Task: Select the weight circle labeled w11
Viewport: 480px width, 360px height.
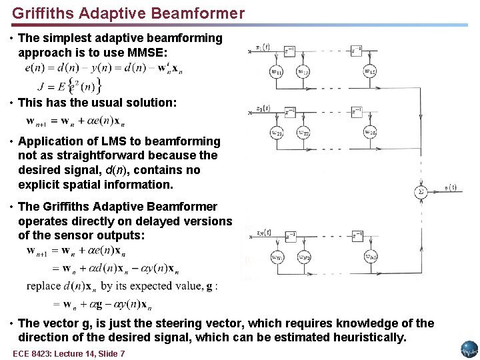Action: point(277,72)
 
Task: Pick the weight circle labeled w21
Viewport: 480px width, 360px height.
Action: point(277,133)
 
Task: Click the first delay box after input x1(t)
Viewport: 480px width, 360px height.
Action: point(289,49)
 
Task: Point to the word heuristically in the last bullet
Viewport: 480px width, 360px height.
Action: point(366,337)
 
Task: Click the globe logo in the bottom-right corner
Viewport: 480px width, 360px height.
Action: point(469,349)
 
